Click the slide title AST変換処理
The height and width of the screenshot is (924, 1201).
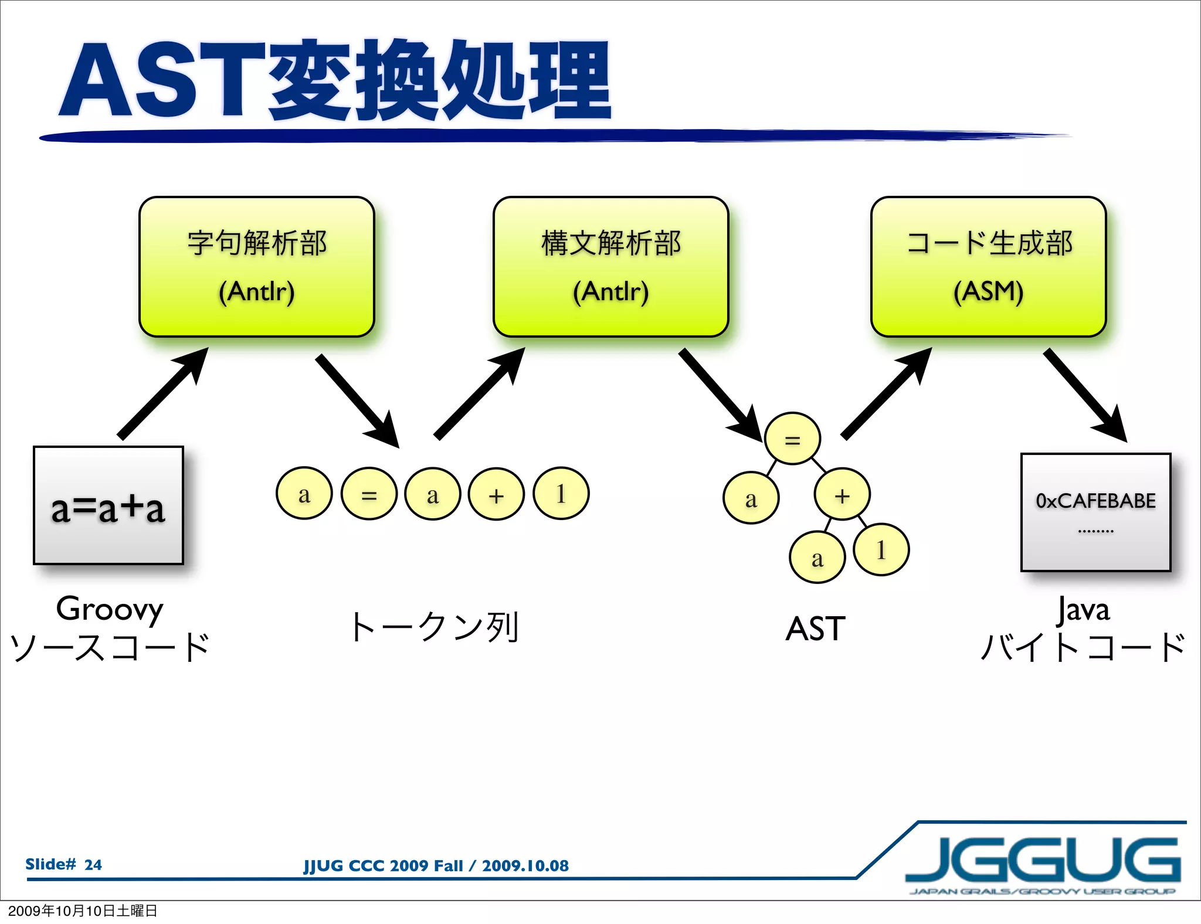(334, 81)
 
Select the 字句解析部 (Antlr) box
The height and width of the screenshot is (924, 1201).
(257, 267)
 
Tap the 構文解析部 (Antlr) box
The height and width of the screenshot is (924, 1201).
(610, 267)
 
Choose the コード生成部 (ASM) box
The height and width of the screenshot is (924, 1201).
(988, 267)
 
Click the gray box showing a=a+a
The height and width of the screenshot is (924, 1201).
(108, 506)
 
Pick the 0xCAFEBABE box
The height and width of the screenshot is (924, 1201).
(1095, 512)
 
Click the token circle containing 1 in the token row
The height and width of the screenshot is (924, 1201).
(561, 494)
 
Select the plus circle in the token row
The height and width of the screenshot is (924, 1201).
(496, 494)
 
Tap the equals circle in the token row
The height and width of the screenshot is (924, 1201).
(369, 494)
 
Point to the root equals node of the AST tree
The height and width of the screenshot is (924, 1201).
(792, 439)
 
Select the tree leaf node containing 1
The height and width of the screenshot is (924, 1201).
(881, 549)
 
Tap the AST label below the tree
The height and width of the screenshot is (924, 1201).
(815, 629)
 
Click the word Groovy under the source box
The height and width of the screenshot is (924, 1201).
(110, 609)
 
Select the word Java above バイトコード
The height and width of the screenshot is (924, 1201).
(1083, 609)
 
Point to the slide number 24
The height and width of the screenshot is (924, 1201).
(93, 864)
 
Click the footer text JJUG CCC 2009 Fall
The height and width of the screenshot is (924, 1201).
(383, 865)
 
